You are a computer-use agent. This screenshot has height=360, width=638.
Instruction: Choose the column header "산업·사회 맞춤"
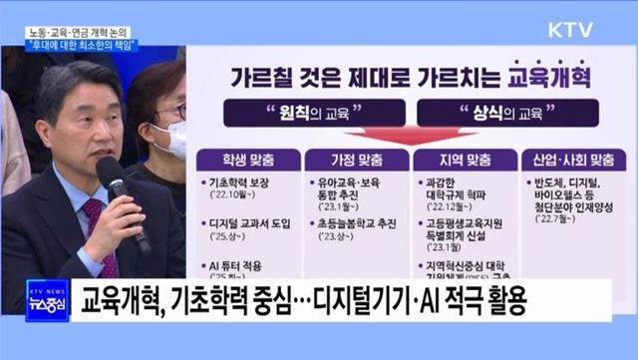click(569, 159)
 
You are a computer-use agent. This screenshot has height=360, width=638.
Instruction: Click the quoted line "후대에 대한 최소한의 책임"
click(84, 46)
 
